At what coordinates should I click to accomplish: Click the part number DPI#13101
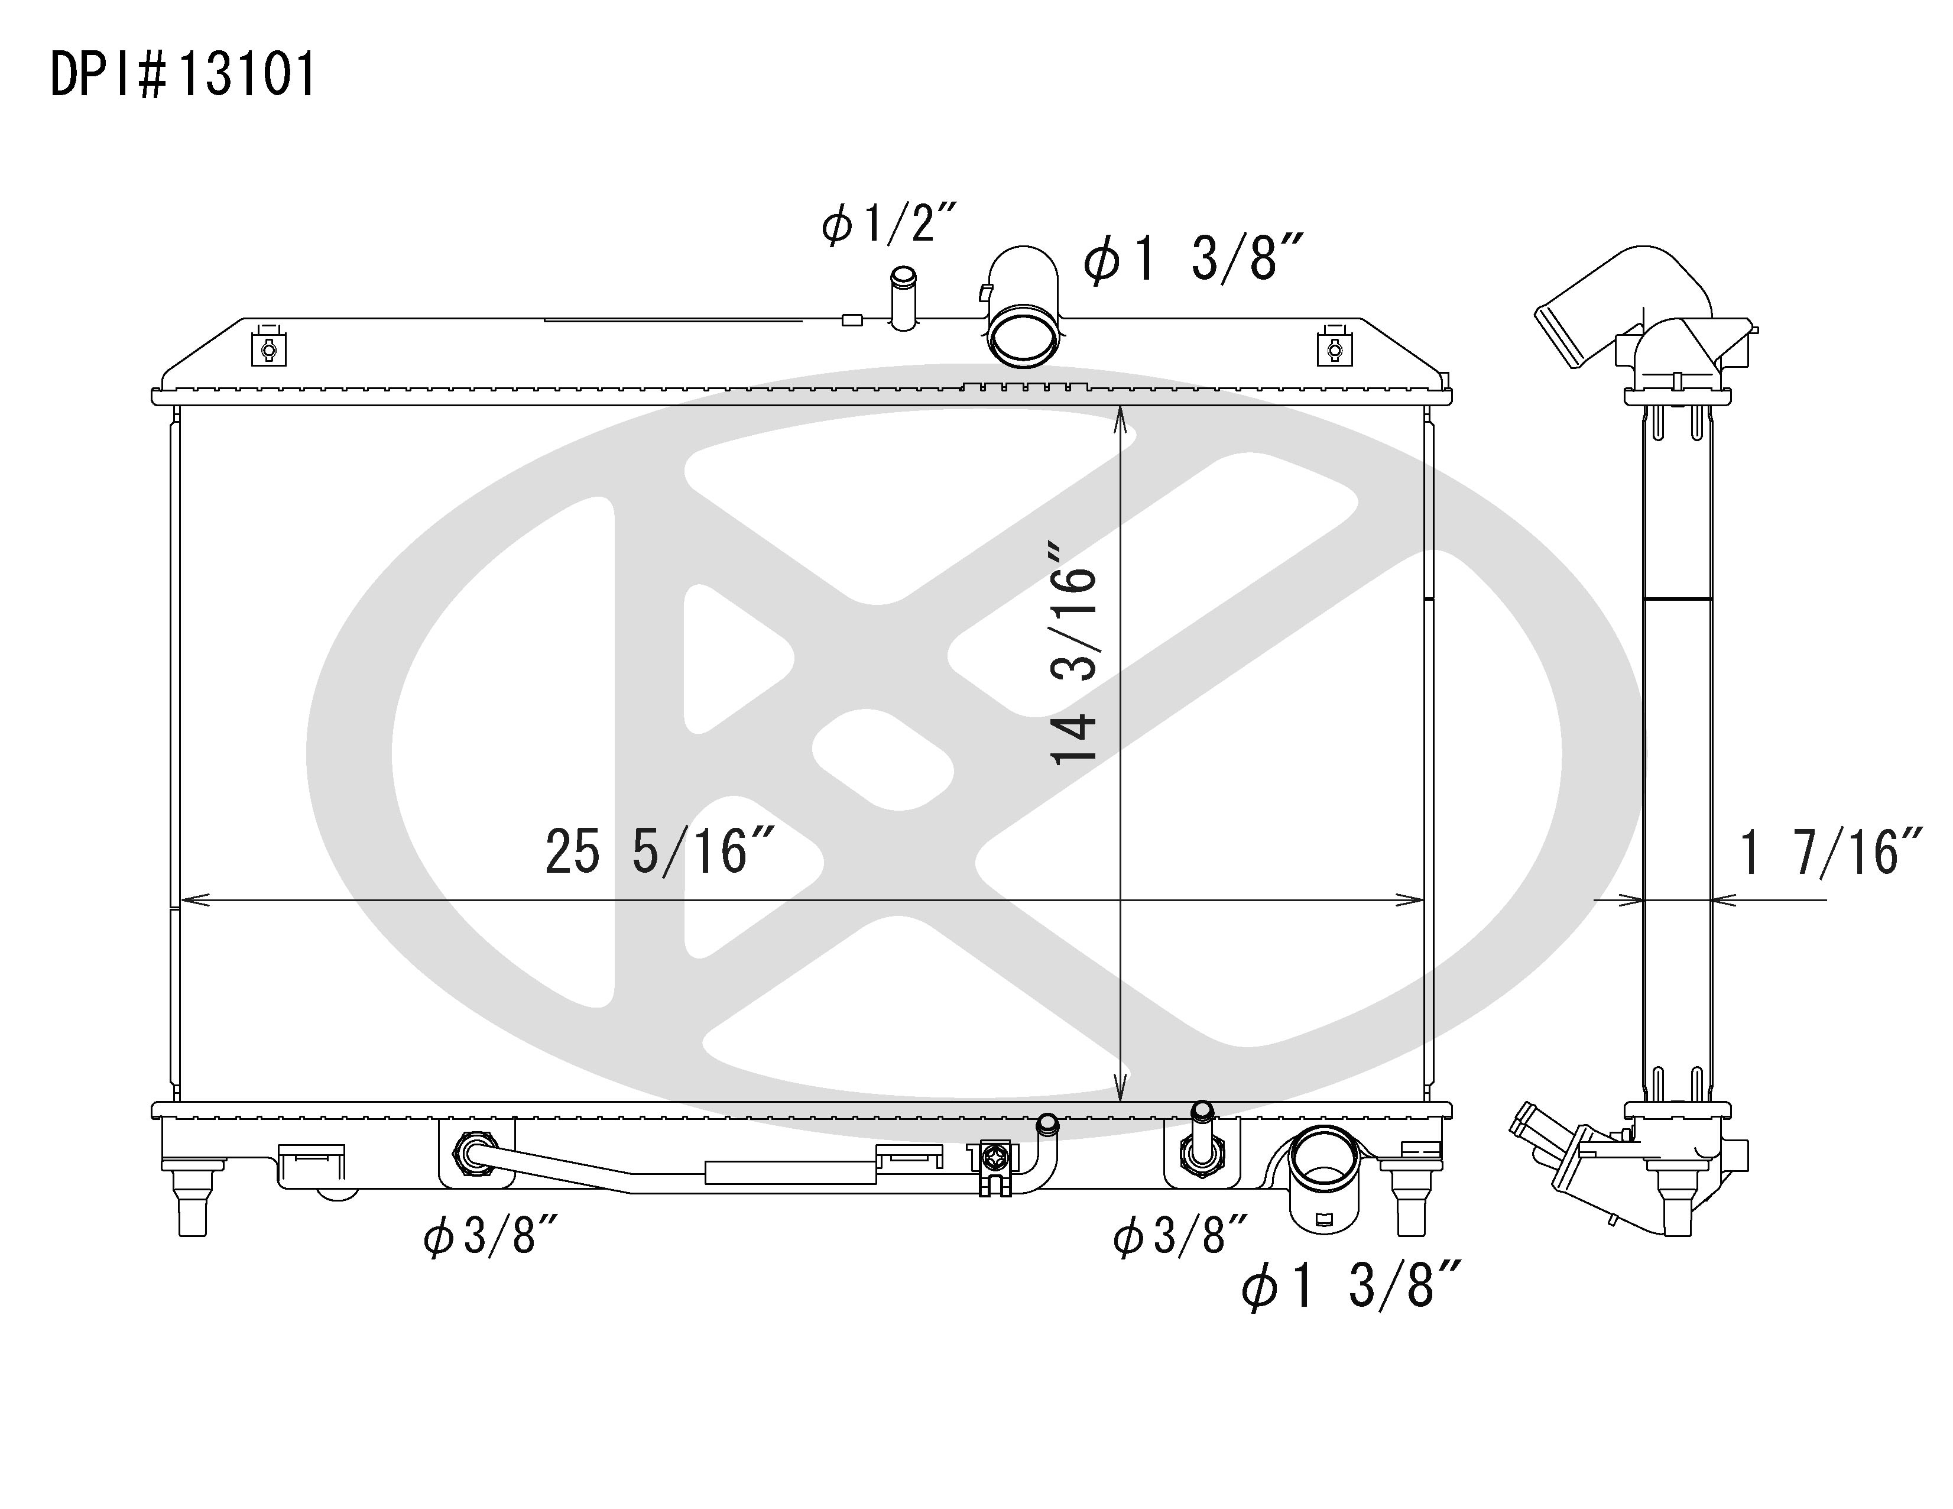tap(183, 75)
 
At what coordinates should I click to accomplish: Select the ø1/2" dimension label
tap(889, 223)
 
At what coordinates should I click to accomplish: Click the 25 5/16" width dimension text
tap(659, 851)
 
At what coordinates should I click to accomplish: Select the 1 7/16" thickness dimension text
tap(1829, 853)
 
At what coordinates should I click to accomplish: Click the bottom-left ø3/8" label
tap(491, 1237)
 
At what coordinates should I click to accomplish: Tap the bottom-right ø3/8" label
tap(1180, 1237)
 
